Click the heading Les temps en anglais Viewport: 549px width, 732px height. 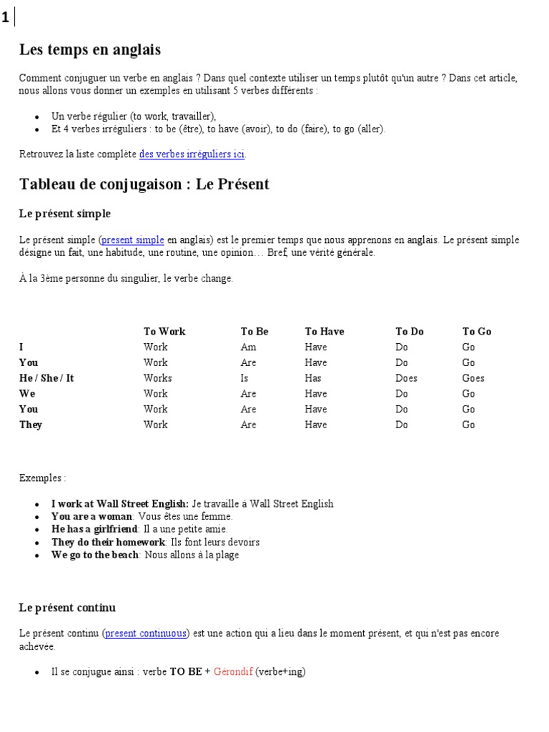pyautogui.click(x=90, y=50)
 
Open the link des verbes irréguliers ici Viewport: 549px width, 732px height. pyautogui.click(x=192, y=154)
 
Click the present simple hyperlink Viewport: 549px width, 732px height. pyautogui.click(x=133, y=240)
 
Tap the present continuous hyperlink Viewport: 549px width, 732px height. pyautogui.click(x=147, y=633)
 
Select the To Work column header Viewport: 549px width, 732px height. pyautogui.click(x=164, y=332)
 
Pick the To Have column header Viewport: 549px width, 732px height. pyautogui.click(x=325, y=332)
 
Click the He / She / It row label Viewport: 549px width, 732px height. pyautogui.click(x=46, y=378)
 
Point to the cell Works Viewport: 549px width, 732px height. pyautogui.click(x=157, y=378)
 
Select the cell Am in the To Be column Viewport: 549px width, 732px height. pyautogui.click(x=248, y=347)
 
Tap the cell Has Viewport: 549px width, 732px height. pyautogui.click(x=313, y=378)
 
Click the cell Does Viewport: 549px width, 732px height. pyautogui.click(x=406, y=378)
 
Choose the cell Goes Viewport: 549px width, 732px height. pyautogui.click(x=473, y=378)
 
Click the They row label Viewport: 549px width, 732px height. pyautogui.click(x=31, y=425)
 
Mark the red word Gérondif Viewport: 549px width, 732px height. pyautogui.click(x=233, y=672)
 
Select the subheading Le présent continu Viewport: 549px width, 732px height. pyautogui.click(x=67, y=608)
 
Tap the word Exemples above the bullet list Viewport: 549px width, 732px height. pyautogui.click(x=42, y=478)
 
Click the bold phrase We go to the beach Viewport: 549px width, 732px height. pyautogui.click(x=95, y=555)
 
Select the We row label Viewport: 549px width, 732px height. pyautogui.click(x=27, y=394)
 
